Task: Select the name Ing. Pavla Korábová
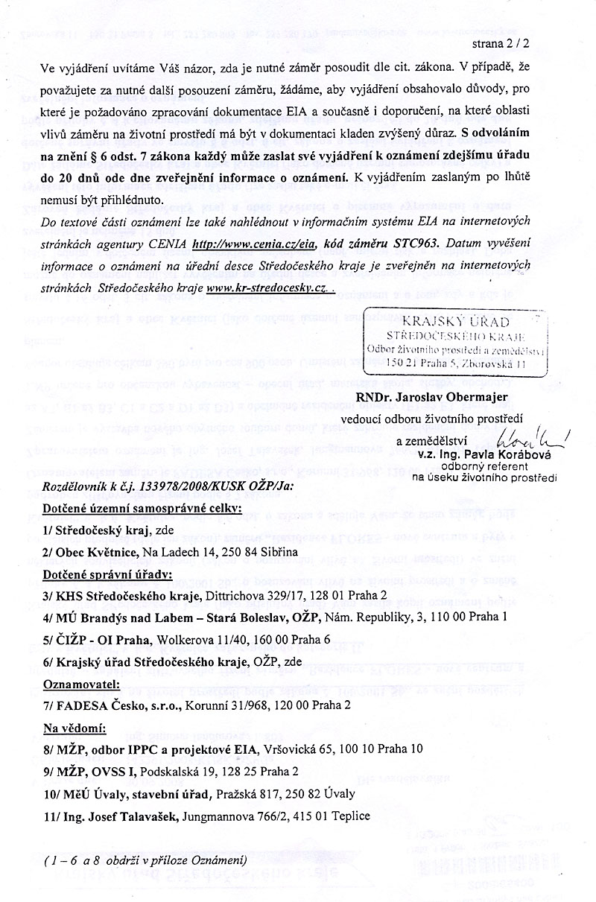tap(515, 454)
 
